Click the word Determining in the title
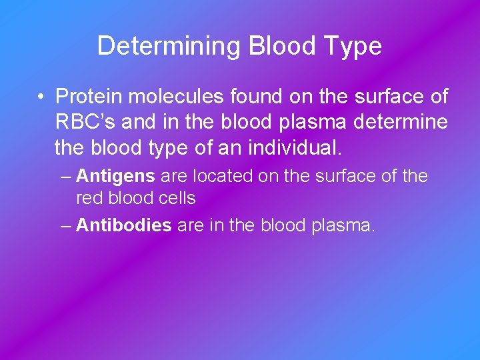tap(169, 46)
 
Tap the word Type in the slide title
tap(352, 46)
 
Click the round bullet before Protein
tap(41, 97)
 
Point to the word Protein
tap(89, 97)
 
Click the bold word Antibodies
tap(124, 225)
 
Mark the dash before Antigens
tap(65, 177)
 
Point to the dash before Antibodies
tap(65, 225)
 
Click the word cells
tap(176, 198)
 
